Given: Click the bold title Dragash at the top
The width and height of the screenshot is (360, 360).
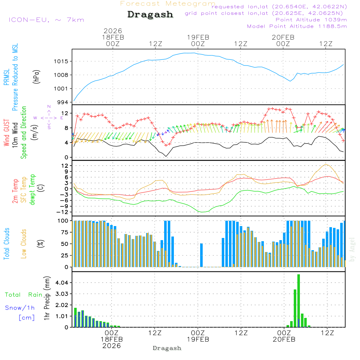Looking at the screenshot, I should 150,15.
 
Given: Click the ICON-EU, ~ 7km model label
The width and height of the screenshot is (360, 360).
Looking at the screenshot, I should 46,20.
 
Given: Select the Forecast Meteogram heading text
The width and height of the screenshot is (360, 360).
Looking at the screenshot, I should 168,4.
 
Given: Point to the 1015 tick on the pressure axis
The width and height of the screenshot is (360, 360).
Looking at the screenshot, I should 62,62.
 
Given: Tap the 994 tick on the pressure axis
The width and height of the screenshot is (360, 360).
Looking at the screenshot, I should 63,102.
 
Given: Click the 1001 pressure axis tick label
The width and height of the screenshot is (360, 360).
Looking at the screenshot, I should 62,89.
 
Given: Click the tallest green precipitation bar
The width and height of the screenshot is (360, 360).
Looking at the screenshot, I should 298,301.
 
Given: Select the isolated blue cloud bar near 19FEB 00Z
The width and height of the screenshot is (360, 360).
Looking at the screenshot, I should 201,255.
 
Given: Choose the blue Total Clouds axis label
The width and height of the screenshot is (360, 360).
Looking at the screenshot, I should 7,244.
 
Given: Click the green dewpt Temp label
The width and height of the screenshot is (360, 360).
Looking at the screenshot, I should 32,190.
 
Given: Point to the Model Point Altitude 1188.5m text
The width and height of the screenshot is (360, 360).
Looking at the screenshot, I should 297,26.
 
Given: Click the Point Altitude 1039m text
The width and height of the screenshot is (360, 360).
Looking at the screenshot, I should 311,20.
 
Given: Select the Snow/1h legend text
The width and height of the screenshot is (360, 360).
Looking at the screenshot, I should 20,308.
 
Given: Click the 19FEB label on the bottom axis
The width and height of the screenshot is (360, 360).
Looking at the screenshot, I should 198,340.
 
